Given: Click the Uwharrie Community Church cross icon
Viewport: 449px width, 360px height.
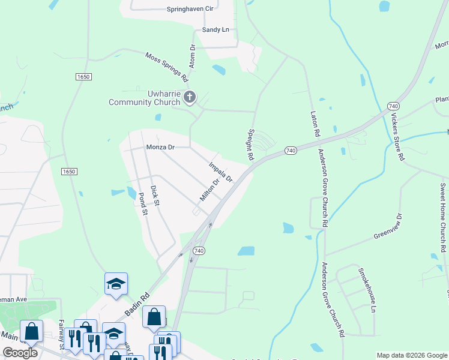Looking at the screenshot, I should coord(190,97).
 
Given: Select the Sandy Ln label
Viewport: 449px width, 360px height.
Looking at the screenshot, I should coord(215,29).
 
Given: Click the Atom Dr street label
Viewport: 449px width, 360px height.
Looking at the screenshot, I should coord(193,55).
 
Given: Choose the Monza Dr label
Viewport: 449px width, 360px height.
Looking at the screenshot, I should coord(160,147).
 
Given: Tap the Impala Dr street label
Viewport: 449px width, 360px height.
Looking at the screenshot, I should coord(220,172).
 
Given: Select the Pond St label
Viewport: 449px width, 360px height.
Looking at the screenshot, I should coord(142,204).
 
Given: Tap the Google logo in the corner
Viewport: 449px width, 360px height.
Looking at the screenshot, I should coord(20,353).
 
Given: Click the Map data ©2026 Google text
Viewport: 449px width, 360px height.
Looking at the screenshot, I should coord(411,355).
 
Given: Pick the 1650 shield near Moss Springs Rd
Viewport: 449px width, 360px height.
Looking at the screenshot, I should coord(83,77).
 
